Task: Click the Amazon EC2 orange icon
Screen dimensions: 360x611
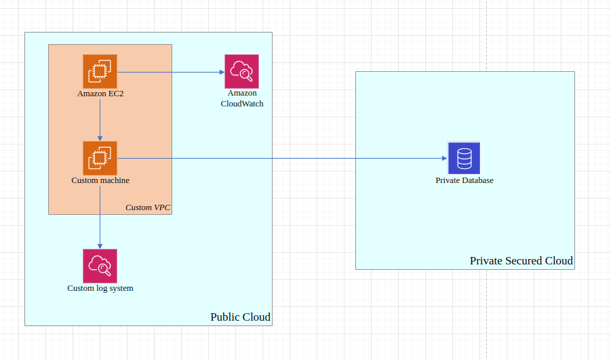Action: (100, 71)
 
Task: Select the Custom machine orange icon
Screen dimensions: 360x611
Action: (100, 158)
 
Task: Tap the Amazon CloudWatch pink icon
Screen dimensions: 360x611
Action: (241, 71)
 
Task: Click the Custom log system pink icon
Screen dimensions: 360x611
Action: (100, 266)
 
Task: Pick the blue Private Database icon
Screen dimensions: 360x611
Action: (464, 158)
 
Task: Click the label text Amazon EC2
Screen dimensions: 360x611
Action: (100, 94)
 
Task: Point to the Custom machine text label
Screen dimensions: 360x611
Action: (100, 180)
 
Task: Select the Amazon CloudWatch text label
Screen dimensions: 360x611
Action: (241, 98)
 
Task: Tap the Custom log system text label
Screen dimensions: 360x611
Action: (100, 288)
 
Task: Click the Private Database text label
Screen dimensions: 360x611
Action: (464, 180)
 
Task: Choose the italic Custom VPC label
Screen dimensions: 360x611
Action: (148, 207)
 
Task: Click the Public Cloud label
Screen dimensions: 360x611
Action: (240, 317)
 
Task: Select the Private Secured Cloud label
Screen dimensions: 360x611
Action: (521, 261)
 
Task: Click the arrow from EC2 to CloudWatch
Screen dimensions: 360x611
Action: (170, 71)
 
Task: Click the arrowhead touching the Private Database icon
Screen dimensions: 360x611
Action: (444, 158)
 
